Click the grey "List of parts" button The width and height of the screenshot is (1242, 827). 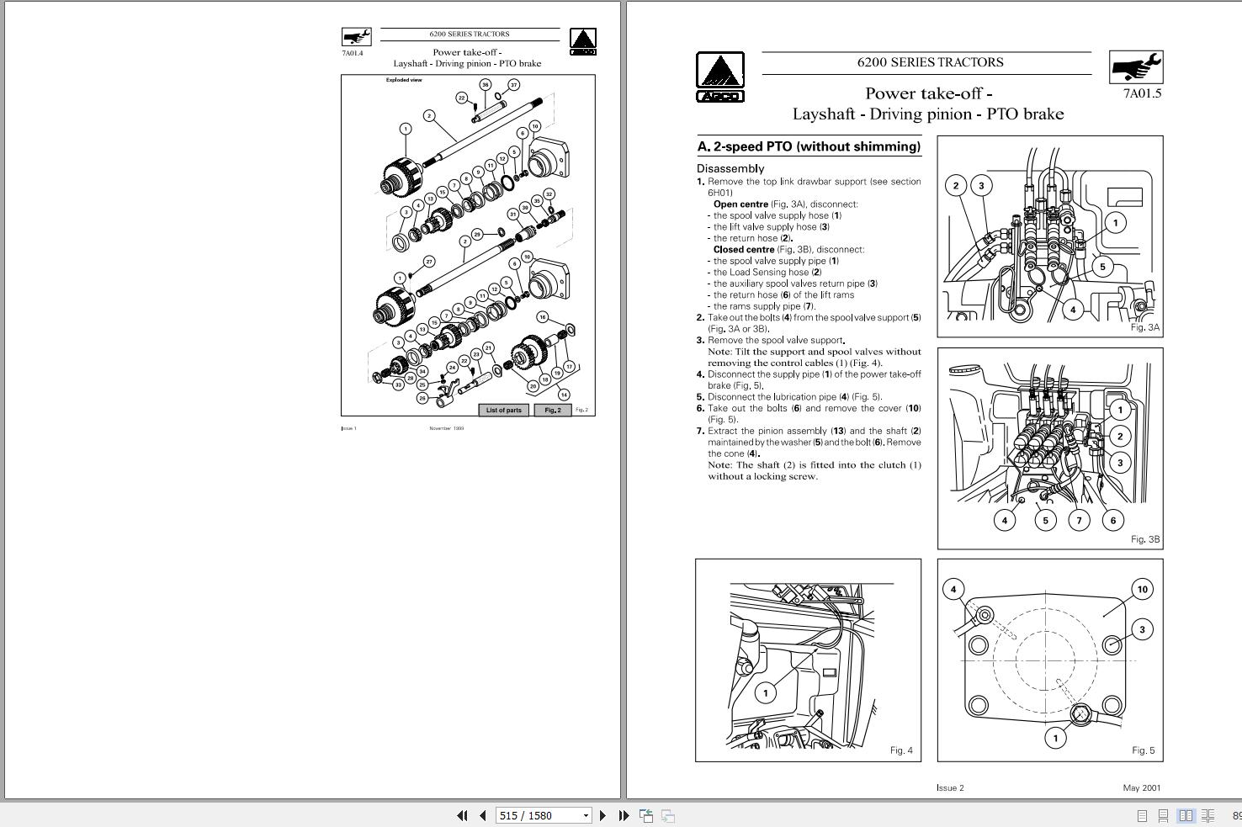point(504,411)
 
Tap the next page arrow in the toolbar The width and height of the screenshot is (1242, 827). point(602,815)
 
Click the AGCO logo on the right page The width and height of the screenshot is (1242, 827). point(719,77)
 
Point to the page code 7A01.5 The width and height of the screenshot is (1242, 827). point(1141,93)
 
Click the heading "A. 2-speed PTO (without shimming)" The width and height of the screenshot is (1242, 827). point(808,146)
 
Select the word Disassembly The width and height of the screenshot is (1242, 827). point(730,168)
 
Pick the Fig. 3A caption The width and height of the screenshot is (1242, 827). point(1144,327)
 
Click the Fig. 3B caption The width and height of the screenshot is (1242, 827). point(1144,539)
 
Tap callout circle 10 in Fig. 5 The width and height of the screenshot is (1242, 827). point(1142,590)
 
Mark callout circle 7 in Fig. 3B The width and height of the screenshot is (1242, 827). point(1079,520)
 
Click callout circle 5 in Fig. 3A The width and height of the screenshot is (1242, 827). point(1102,267)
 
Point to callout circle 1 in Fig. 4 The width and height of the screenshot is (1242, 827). point(765,692)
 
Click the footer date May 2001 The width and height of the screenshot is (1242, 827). point(1141,788)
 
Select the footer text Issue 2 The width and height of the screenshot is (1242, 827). point(950,788)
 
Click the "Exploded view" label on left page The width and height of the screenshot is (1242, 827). point(404,81)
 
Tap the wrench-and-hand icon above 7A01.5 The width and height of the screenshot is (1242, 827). point(1136,66)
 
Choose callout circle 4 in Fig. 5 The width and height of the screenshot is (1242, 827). point(953,589)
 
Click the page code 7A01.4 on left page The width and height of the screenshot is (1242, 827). point(352,53)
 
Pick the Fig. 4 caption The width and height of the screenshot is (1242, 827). point(900,750)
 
